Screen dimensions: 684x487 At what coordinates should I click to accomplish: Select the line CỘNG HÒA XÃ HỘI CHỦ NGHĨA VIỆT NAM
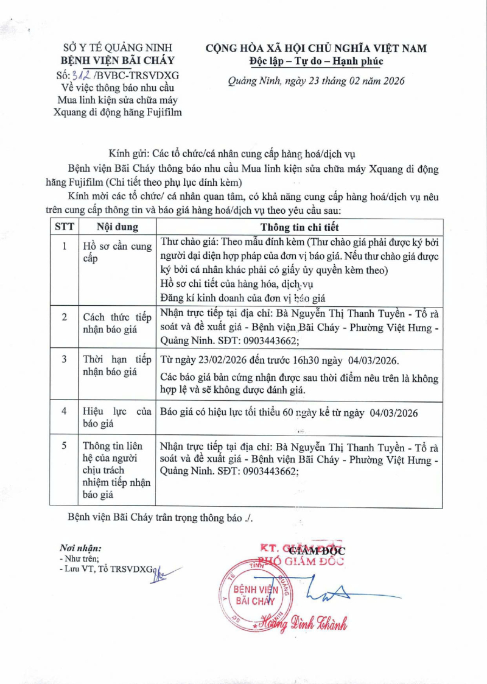pos(315,49)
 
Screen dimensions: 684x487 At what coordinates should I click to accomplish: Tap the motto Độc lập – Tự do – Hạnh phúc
pos(315,62)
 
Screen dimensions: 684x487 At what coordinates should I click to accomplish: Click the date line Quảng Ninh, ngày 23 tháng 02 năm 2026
pos(315,80)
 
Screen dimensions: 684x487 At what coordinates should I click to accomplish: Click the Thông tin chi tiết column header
pos(299,227)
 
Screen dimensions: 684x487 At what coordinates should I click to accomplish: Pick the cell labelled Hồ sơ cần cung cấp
pos(117,252)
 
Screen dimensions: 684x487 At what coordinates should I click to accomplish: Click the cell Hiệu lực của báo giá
pos(117,418)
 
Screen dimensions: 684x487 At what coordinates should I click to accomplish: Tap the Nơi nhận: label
pos(80,548)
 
